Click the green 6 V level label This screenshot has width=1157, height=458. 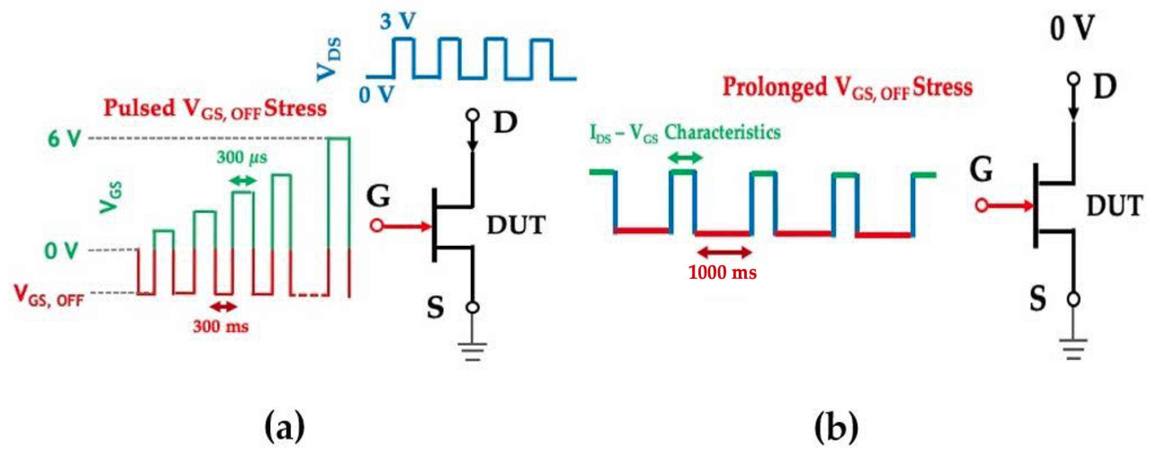(x=64, y=139)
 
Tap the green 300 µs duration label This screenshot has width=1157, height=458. (x=242, y=158)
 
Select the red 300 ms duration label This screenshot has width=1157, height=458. (x=221, y=326)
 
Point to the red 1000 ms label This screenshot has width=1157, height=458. (x=722, y=273)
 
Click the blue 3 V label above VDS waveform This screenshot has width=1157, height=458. (x=398, y=22)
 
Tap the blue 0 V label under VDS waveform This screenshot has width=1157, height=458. (x=377, y=95)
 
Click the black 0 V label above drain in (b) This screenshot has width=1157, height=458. (x=1072, y=29)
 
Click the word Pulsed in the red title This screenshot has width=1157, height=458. (x=139, y=108)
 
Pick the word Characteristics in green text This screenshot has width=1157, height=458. (x=722, y=133)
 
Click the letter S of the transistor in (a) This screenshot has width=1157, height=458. (x=435, y=308)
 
